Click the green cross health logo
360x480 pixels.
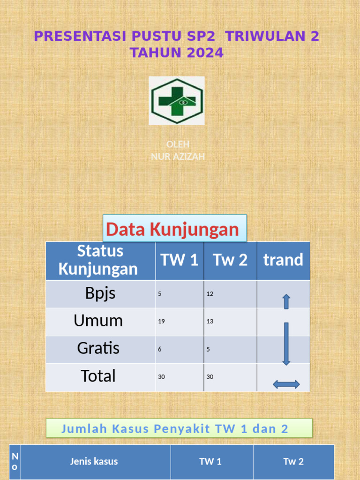click(x=177, y=101)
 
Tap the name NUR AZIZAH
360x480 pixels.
click(x=178, y=157)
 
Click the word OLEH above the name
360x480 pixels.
click(x=178, y=144)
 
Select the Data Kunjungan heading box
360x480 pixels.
click(x=174, y=229)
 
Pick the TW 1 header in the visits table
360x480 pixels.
click(x=180, y=260)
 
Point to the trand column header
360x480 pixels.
click(x=283, y=260)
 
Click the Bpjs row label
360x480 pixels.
click(x=100, y=294)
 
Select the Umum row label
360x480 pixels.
click(x=98, y=321)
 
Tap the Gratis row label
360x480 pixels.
click(x=98, y=348)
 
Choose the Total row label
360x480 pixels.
click(x=98, y=376)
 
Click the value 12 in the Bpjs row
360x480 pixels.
click(x=210, y=294)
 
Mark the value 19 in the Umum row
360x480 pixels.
click(x=161, y=321)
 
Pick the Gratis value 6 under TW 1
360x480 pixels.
click(x=160, y=349)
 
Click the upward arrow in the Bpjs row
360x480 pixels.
click(x=286, y=301)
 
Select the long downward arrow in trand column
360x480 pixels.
click(x=286, y=344)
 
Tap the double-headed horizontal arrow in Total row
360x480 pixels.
click(x=286, y=384)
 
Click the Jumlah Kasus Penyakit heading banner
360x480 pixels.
click(x=179, y=428)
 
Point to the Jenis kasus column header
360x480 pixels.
click(x=94, y=461)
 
